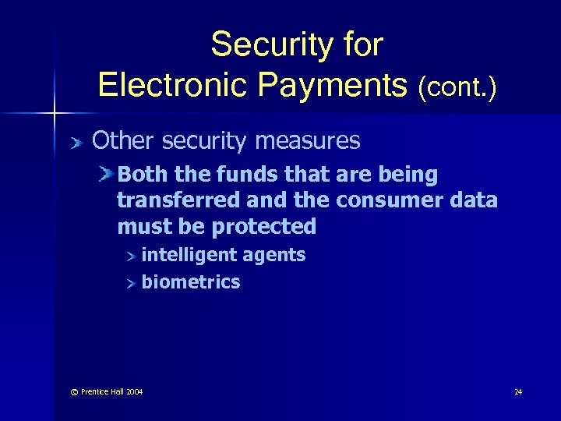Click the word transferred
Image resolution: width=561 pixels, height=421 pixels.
178,200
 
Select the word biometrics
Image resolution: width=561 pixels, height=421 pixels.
190,282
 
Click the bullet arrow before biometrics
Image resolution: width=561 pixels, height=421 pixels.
132,282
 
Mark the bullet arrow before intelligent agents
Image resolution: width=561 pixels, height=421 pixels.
132,255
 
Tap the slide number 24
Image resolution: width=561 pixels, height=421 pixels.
518,391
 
